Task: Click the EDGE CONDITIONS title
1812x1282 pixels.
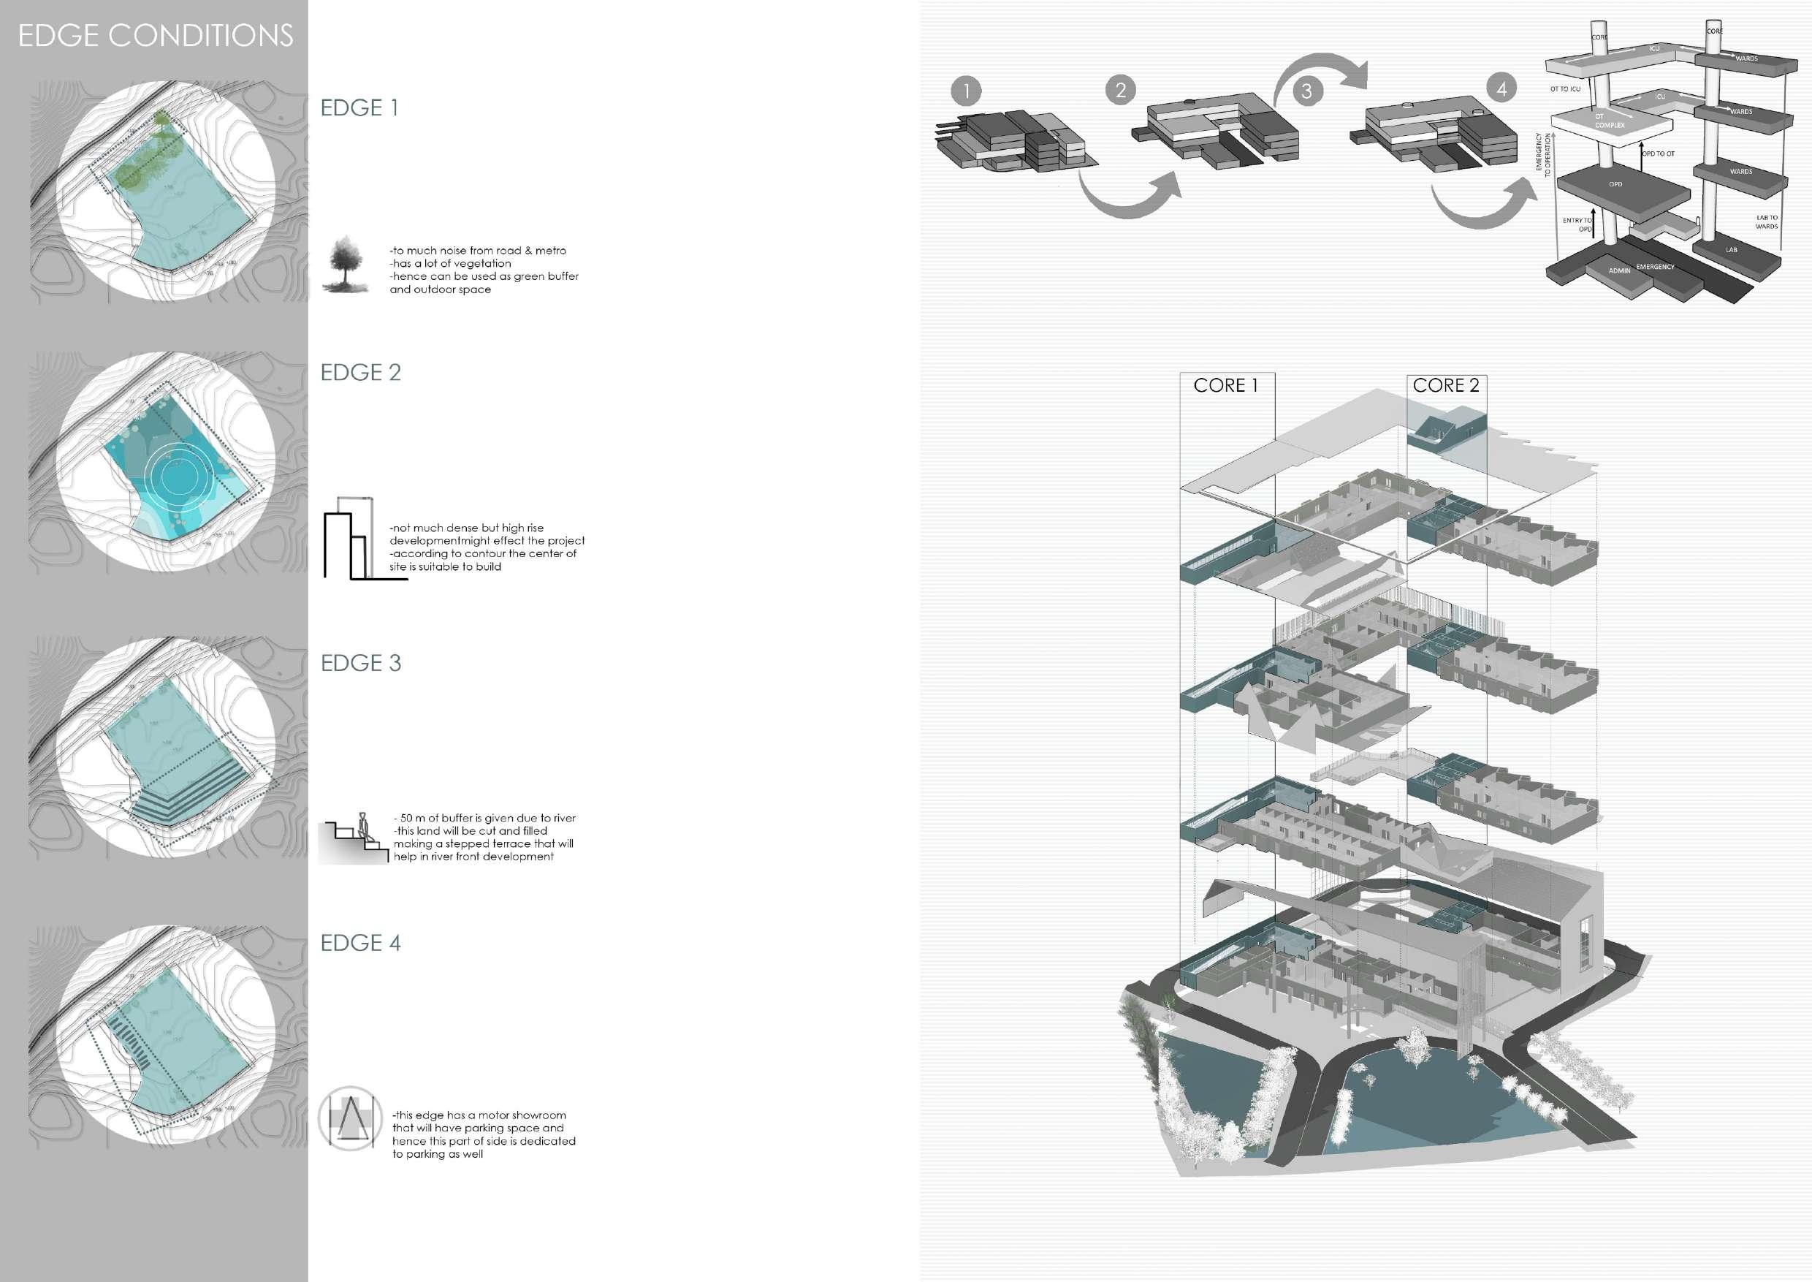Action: tap(156, 36)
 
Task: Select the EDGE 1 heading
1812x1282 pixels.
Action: tap(359, 107)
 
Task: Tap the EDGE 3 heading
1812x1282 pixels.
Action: tap(361, 662)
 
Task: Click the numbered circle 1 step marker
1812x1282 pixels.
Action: tap(966, 91)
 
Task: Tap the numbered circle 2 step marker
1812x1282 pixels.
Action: tap(1121, 90)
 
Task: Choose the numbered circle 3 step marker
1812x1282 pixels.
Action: tap(1307, 91)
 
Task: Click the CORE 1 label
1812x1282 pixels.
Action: tap(1225, 385)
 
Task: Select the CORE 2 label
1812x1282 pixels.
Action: tap(1446, 385)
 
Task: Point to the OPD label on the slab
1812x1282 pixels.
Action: tap(1615, 185)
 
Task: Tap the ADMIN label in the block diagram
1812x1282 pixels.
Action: tap(1619, 270)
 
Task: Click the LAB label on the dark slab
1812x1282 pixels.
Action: tap(1731, 250)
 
